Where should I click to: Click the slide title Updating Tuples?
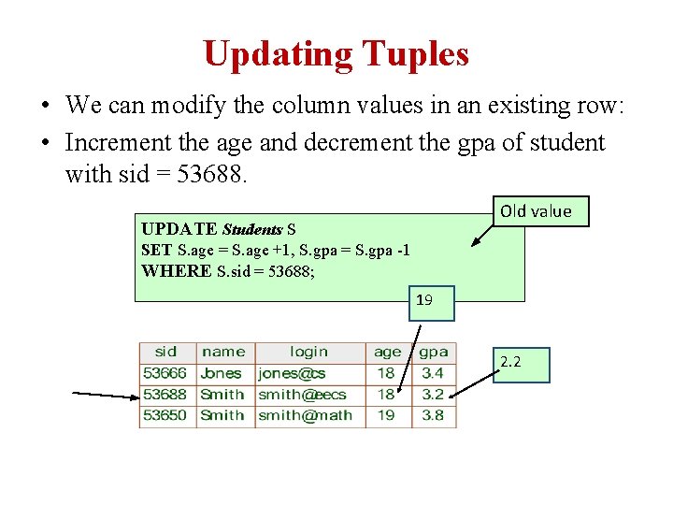coord(336,54)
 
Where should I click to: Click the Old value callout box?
coord(536,211)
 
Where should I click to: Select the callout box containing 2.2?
coord(522,365)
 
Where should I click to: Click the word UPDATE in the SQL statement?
coord(179,229)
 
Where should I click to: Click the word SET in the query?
coord(155,251)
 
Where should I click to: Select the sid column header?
coord(166,353)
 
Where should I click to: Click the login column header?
coord(308,353)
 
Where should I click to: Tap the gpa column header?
coord(434,353)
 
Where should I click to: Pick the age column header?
coord(387,353)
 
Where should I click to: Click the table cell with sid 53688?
coord(165,395)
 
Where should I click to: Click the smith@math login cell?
coord(305,415)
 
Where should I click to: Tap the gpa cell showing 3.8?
coord(433,415)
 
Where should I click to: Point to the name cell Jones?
coord(222,373)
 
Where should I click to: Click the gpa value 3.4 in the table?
coord(433,373)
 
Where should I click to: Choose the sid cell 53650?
coord(165,415)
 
